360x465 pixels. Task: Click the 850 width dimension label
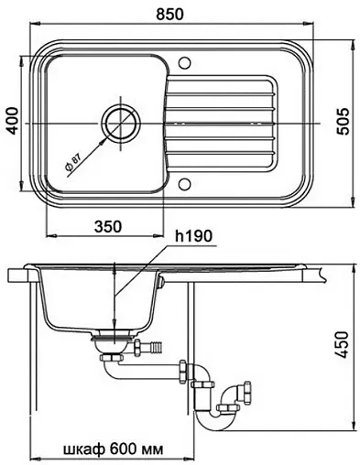(x=169, y=15)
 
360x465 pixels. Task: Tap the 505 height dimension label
(x=343, y=122)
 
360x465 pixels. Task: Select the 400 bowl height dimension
(x=13, y=121)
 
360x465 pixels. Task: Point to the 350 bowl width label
(x=108, y=227)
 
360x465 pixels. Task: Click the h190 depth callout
(x=193, y=236)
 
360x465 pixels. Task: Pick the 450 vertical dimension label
(x=343, y=345)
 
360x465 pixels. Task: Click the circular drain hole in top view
(x=121, y=124)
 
